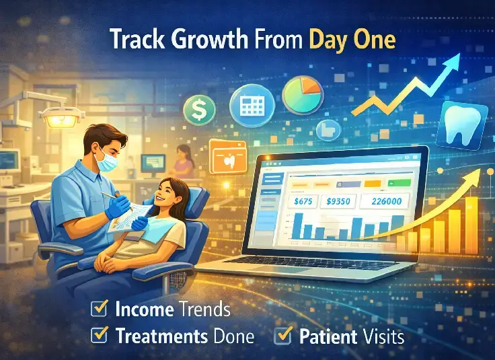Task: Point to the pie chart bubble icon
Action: click(303, 95)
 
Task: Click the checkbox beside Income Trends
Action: click(100, 309)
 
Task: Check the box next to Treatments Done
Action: click(100, 335)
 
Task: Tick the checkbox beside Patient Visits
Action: click(284, 335)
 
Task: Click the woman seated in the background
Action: click(182, 162)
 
